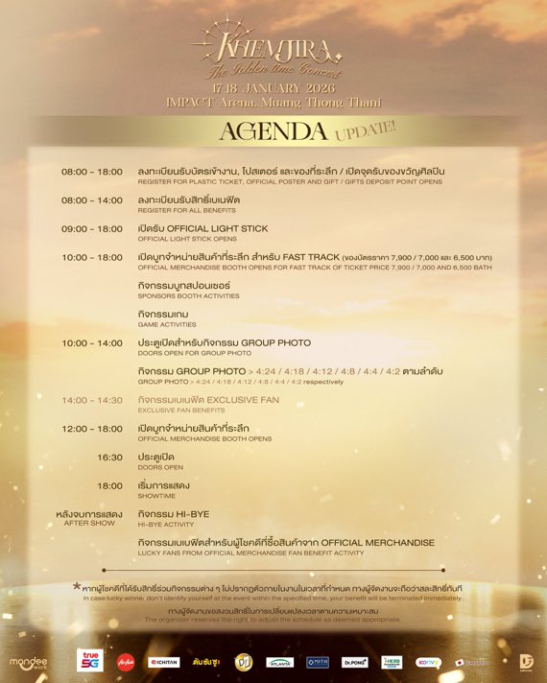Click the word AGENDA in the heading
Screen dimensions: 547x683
click(273, 130)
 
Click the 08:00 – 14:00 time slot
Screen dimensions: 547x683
click(92, 200)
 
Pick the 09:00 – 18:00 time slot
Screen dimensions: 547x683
click(92, 229)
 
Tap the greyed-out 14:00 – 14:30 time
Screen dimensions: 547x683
click(92, 400)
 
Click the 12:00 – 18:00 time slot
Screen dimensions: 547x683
click(92, 429)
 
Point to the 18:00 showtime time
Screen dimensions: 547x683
click(109, 485)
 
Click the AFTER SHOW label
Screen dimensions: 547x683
click(89, 524)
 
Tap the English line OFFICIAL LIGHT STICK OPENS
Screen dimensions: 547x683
click(187, 239)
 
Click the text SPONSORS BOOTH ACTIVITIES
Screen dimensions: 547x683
click(189, 296)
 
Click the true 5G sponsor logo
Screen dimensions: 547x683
click(90, 660)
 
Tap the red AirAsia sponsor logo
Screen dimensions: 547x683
click(125, 661)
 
